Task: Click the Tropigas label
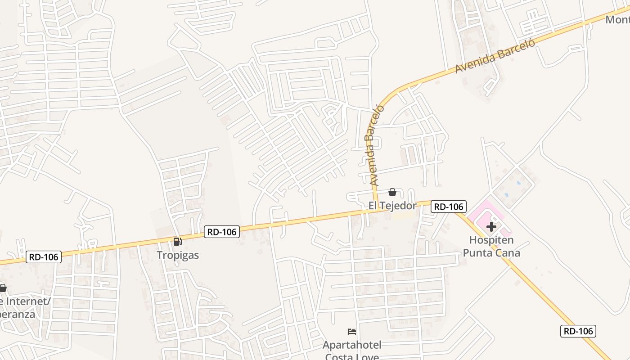[x=178, y=255]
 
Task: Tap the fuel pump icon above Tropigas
[x=178, y=242]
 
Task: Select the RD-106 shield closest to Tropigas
[x=222, y=232]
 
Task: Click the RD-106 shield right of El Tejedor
[x=448, y=207]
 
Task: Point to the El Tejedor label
[x=392, y=206]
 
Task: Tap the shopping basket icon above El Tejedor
[x=392, y=193]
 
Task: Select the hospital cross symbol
[x=491, y=227]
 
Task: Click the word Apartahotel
[x=352, y=345]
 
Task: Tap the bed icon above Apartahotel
[x=352, y=332]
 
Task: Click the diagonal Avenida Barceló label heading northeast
[x=495, y=56]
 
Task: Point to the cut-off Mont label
[x=617, y=20]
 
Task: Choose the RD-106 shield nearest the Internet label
[x=44, y=257]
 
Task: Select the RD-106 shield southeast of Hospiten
[x=578, y=331]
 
